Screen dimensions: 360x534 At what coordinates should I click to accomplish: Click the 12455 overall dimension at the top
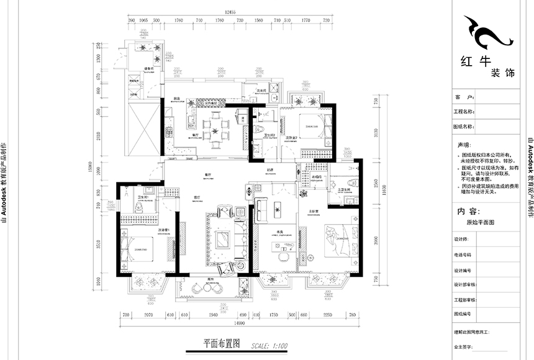(232, 12)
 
